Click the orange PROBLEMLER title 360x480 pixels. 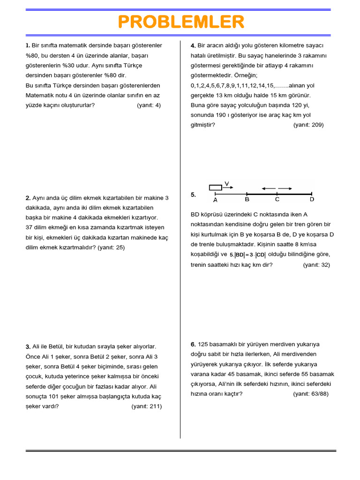[180, 22]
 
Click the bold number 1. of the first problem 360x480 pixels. [28, 45]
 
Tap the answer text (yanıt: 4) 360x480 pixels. [149, 105]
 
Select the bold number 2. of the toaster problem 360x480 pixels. [28, 198]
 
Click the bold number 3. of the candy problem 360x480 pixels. [28, 347]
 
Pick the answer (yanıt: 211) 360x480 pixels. [146, 406]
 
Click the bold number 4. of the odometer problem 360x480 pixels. [193, 45]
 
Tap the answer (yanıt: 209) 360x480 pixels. [308, 125]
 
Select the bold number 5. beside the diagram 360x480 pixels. [193, 195]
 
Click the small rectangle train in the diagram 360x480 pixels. [215, 187]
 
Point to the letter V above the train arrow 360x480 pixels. [227, 183]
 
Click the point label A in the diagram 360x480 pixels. [215, 200]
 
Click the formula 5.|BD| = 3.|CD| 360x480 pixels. [247, 255]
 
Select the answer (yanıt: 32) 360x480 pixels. [316, 265]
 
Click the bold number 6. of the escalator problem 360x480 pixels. [193, 345]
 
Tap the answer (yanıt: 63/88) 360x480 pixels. [311, 394]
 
